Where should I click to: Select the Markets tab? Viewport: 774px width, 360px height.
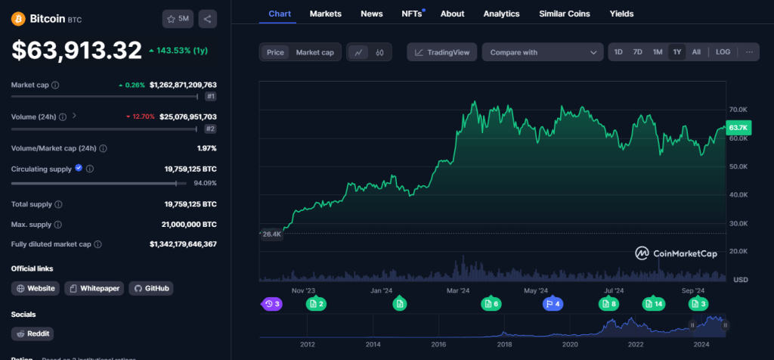point(326,14)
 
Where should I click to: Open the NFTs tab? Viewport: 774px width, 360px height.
point(412,14)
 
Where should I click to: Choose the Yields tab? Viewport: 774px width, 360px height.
point(621,14)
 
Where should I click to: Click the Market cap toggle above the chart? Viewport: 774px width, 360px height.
point(314,52)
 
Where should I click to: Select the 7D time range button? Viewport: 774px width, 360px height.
point(637,52)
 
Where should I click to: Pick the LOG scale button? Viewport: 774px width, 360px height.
point(723,52)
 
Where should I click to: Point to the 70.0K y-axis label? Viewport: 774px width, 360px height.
point(738,110)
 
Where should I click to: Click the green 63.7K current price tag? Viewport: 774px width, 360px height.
point(738,127)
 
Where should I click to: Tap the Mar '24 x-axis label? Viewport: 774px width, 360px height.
point(459,290)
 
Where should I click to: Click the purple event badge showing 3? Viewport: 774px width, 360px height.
point(272,304)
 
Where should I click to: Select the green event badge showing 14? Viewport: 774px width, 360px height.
point(653,304)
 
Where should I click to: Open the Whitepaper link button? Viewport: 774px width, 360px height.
point(94,288)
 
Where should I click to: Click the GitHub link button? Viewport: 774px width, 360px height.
point(150,288)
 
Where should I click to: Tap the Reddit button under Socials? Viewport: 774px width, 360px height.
point(33,334)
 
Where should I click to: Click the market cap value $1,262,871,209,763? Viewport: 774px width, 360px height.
point(183,85)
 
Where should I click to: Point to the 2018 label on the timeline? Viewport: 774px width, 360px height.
point(503,344)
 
